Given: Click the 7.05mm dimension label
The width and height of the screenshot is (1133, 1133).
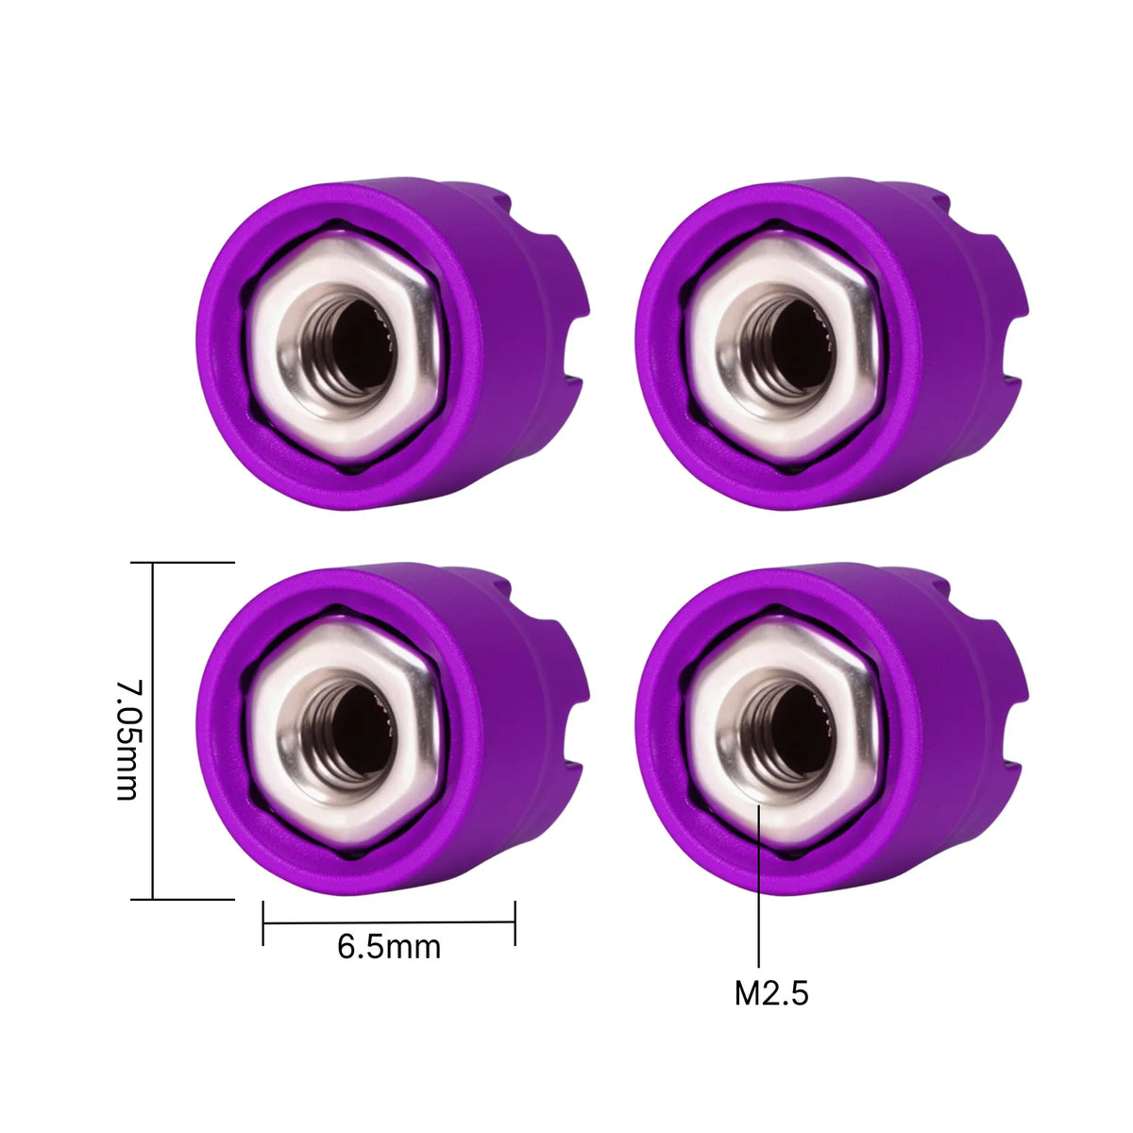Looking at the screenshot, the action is point(127,741).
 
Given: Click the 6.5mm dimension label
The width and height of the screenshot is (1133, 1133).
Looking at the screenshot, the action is point(389,947).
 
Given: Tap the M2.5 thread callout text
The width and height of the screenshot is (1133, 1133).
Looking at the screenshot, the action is point(770,993).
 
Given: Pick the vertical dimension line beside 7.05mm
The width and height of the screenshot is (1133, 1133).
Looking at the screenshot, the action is point(153,731).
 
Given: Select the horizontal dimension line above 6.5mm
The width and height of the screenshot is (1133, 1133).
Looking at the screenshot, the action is point(389,922).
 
